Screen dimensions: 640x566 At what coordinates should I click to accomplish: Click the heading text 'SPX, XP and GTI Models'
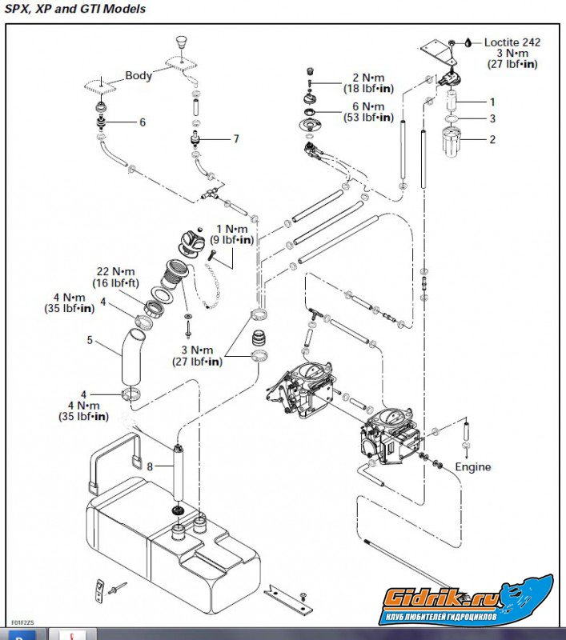[x=76, y=9]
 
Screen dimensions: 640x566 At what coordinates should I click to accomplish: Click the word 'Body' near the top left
[x=138, y=76]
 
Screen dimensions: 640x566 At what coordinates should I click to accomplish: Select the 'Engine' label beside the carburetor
[x=473, y=466]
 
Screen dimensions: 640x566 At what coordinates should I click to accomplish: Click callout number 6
[x=143, y=122]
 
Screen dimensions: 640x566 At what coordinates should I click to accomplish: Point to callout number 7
[x=235, y=138]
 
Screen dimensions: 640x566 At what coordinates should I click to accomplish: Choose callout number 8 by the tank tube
[x=151, y=465]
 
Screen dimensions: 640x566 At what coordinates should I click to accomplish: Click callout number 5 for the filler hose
[x=90, y=340]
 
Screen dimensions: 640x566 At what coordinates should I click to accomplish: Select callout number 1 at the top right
[x=493, y=102]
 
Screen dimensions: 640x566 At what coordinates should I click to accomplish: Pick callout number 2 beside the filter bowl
[x=493, y=138]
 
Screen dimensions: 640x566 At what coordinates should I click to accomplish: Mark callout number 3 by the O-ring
[x=493, y=118]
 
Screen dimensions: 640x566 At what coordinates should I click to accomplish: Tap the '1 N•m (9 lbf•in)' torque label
[x=231, y=234]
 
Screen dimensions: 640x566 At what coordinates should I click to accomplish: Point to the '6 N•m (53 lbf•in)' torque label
[x=368, y=112]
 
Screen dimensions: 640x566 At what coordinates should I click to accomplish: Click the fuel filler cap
[x=190, y=242]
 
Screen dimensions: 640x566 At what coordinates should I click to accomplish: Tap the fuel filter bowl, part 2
[x=453, y=143]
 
